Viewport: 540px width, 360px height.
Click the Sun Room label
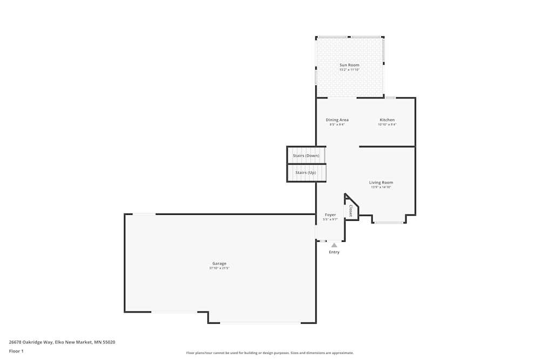coord(349,65)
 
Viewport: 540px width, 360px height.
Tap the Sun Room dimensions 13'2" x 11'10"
coord(349,70)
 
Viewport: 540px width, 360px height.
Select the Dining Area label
coord(337,120)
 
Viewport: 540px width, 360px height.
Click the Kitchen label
coord(387,120)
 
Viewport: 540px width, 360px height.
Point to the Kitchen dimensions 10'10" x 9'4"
coord(387,125)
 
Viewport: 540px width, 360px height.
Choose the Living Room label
coord(381,182)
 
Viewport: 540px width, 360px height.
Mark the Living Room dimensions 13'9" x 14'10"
coord(381,187)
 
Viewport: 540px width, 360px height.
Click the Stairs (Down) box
coord(306,155)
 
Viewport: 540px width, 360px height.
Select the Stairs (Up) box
coord(306,173)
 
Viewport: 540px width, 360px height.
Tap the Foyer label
coord(330,215)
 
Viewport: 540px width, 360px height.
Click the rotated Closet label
coord(351,210)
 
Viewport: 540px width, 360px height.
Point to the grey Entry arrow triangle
coord(334,245)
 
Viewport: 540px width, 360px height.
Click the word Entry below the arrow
coord(334,252)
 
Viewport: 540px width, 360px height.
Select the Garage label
coord(219,263)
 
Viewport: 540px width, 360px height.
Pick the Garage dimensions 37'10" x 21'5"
coord(219,268)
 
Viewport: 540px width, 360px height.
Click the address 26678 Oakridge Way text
coord(62,342)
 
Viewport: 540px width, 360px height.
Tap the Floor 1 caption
coord(16,351)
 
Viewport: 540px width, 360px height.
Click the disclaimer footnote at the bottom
coord(270,353)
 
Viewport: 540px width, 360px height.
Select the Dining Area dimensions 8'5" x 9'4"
coord(337,125)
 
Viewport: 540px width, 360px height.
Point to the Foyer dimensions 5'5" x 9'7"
coord(330,220)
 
